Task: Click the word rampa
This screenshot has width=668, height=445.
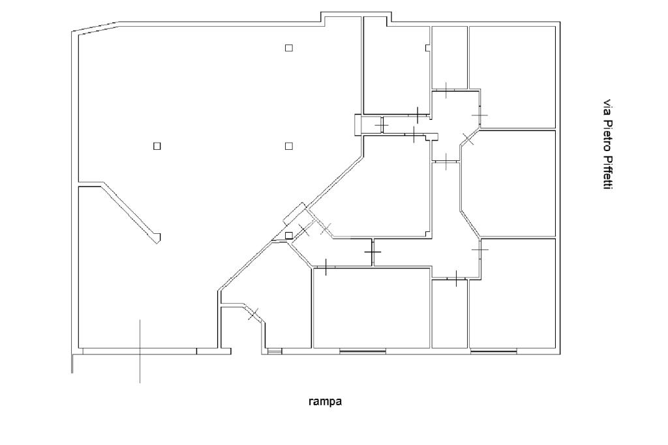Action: pyautogui.click(x=325, y=401)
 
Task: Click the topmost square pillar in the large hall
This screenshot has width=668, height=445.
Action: pyautogui.click(x=289, y=48)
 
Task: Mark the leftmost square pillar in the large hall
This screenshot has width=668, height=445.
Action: pyautogui.click(x=157, y=146)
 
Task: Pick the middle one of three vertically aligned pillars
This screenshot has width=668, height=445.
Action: pyautogui.click(x=289, y=146)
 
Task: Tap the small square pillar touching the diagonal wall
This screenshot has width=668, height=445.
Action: pyautogui.click(x=289, y=235)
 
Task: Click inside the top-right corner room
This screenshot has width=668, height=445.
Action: pyautogui.click(x=512, y=77)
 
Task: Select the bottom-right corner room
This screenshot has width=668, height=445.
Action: pyautogui.click(x=512, y=294)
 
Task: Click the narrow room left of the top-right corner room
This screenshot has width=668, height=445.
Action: pyautogui.click(x=449, y=57)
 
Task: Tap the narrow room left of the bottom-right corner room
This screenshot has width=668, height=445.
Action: pyautogui.click(x=449, y=314)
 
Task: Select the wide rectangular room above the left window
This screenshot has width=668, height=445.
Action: pyautogui.click(x=371, y=308)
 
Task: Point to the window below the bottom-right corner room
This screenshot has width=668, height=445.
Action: pyautogui.click(x=494, y=351)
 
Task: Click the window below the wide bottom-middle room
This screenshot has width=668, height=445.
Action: pyautogui.click(x=363, y=351)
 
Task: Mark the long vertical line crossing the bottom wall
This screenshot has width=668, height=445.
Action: pyautogui.click(x=140, y=351)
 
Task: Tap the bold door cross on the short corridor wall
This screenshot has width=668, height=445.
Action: pyautogui.click(x=372, y=252)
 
